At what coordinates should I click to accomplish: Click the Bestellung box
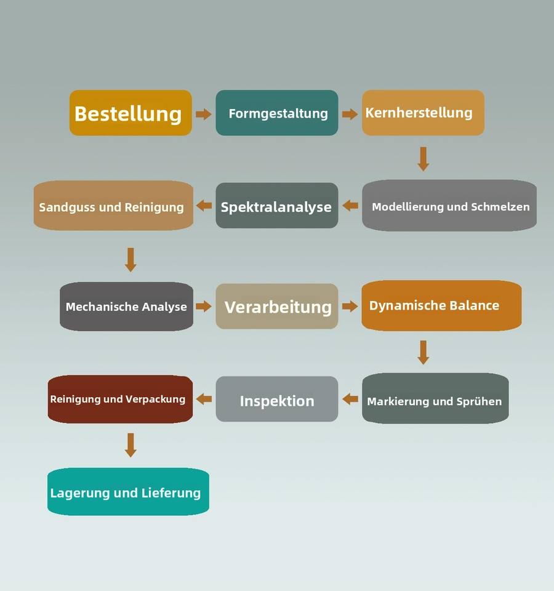click(x=130, y=113)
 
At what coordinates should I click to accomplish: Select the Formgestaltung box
click(x=277, y=113)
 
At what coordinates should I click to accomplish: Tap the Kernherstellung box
click(x=423, y=113)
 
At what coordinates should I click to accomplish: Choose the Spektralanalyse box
click(x=277, y=206)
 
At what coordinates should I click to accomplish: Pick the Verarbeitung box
click(x=277, y=307)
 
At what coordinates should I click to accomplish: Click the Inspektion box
click(x=277, y=400)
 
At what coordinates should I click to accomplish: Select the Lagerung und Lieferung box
click(x=128, y=492)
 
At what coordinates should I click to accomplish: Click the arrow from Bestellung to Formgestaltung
click(x=204, y=114)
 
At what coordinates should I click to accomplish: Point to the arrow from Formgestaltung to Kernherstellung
click(x=350, y=114)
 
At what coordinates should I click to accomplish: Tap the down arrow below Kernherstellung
click(x=423, y=159)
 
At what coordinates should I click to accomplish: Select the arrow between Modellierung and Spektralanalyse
click(x=350, y=206)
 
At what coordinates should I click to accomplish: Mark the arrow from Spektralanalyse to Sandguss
click(x=204, y=206)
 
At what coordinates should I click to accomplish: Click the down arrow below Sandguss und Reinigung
click(x=130, y=259)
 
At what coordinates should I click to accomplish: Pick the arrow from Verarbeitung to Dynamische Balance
click(x=350, y=306)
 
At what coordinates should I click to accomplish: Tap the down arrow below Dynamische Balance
click(x=423, y=352)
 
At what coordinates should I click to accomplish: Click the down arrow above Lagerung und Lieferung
click(x=130, y=444)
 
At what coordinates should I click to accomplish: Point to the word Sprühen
click(x=479, y=401)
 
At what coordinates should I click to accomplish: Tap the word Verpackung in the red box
click(x=155, y=399)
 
